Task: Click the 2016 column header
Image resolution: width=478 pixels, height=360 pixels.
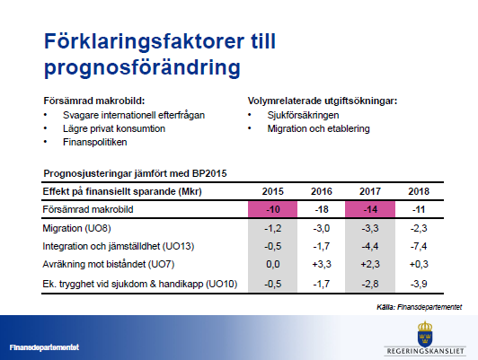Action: [x=322, y=191]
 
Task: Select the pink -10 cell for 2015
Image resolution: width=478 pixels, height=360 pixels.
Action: [x=272, y=209]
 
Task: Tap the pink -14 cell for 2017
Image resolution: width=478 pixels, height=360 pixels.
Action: [x=370, y=209]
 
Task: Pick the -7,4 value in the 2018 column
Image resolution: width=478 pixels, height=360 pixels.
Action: [x=419, y=246]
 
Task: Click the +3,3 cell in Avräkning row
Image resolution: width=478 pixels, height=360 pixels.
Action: [x=322, y=264]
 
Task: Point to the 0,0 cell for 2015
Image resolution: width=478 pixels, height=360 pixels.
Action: [x=272, y=264]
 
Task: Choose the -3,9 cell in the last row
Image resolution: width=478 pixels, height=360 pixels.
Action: [x=419, y=284]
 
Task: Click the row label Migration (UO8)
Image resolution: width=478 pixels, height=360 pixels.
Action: [x=77, y=228]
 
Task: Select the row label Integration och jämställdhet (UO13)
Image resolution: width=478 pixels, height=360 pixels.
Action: [x=119, y=246]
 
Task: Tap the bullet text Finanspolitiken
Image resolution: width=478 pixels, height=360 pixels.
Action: [x=95, y=142]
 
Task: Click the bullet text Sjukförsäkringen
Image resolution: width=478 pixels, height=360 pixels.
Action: [x=303, y=115]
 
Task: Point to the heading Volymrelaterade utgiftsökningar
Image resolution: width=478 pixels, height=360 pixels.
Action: [x=323, y=101]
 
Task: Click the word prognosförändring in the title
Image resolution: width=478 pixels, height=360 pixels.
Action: [x=142, y=67]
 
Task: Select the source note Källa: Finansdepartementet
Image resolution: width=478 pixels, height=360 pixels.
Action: [x=420, y=307]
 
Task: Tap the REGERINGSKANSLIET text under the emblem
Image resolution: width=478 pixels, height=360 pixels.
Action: [x=425, y=351]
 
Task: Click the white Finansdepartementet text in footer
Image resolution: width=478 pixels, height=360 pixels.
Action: [x=45, y=347]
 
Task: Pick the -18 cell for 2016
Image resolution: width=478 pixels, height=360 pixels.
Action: [x=322, y=209]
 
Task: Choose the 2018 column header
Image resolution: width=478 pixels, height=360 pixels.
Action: [x=419, y=191]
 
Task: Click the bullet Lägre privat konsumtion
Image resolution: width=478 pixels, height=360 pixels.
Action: [x=114, y=128]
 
